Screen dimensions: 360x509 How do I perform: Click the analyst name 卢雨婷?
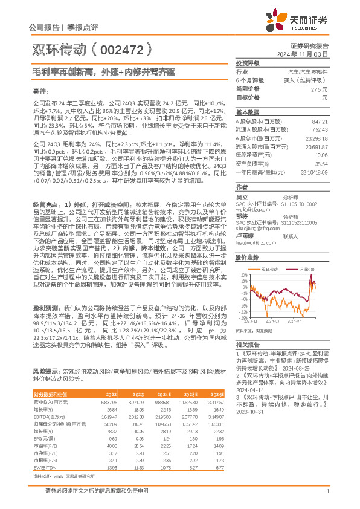coord(243,236)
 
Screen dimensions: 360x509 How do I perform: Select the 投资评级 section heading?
coord(248,63)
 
